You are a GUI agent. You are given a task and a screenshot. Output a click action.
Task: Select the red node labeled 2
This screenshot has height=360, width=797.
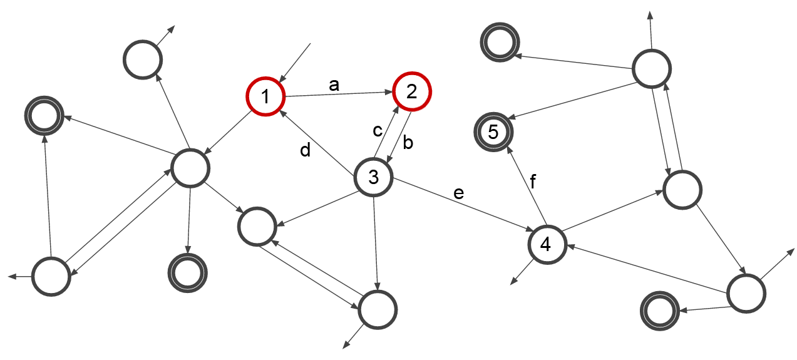point(412,92)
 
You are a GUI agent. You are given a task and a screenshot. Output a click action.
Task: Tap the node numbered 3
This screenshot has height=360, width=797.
point(373,178)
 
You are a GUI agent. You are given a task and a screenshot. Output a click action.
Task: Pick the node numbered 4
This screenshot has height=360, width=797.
point(546,244)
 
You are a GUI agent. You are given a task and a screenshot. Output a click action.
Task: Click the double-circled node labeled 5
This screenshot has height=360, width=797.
point(493,132)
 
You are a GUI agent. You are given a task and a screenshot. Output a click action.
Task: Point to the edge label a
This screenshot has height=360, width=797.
point(334,85)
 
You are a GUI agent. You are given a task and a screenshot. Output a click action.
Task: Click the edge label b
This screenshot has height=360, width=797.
point(408,143)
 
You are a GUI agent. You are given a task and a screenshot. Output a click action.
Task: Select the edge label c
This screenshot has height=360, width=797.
point(378,131)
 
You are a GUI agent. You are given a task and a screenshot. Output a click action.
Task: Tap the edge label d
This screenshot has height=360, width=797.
point(305,151)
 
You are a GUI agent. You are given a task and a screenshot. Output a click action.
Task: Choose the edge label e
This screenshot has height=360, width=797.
point(459,193)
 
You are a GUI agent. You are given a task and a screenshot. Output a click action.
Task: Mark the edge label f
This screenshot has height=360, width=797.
point(533,182)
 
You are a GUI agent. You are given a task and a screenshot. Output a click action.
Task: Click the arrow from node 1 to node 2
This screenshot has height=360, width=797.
point(338,95)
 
